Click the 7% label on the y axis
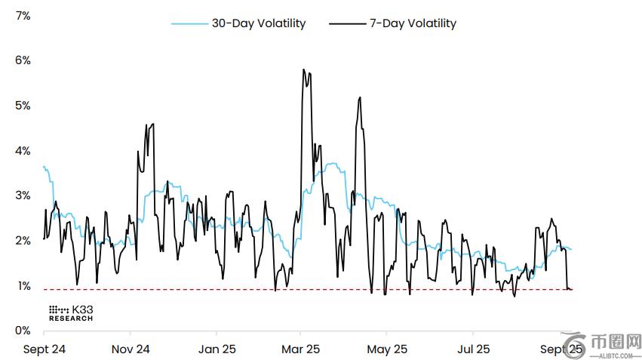(22, 15)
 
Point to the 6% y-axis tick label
(22, 60)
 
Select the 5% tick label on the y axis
(22, 106)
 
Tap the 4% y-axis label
(22, 151)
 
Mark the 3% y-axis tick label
(22, 195)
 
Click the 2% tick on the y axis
(22, 241)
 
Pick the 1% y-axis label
(22, 286)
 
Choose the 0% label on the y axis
(22, 331)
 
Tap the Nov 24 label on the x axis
(131, 349)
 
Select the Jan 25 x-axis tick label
(217, 349)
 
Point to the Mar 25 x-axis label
(301, 349)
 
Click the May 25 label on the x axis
(386, 349)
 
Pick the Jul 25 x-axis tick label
(473, 349)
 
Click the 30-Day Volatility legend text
(259, 23)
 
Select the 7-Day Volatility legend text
(413, 23)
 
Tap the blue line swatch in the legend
(189, 24)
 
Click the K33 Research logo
(71, 313)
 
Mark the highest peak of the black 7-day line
(303, 69)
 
